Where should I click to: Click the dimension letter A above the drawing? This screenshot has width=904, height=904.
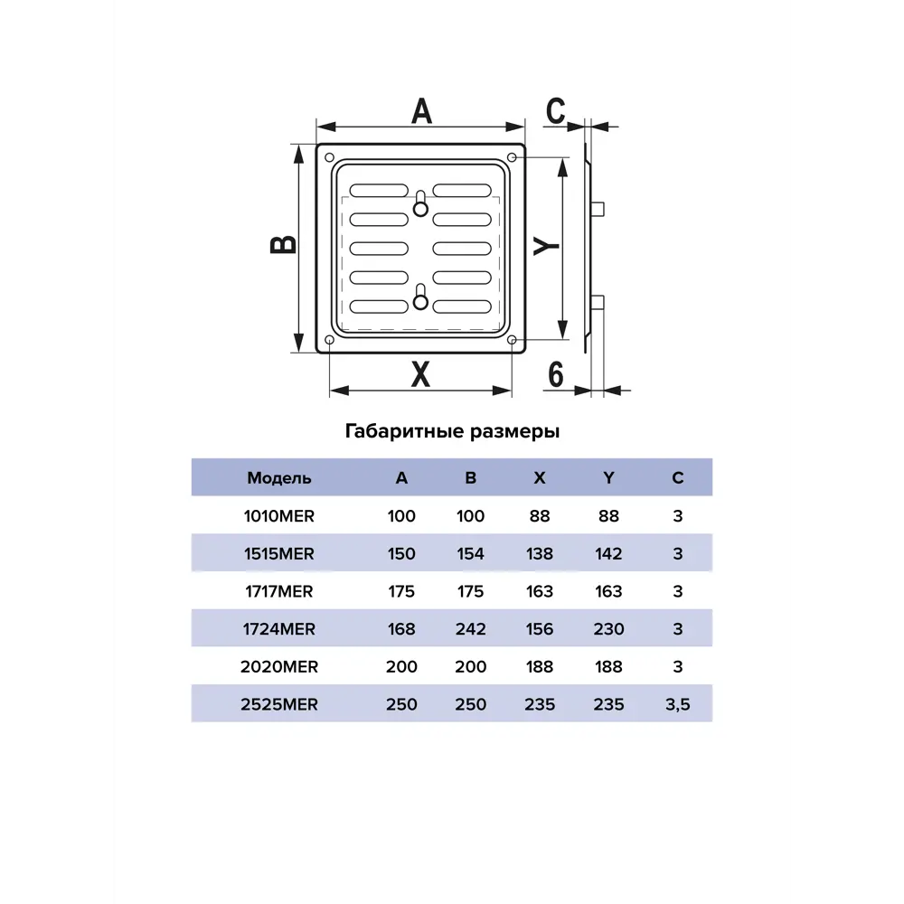(421, 111)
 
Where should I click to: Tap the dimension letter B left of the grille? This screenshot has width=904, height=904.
(283, 245)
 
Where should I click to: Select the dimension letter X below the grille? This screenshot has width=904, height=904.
(420, 374)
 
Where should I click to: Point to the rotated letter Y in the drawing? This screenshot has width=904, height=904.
(546, 246)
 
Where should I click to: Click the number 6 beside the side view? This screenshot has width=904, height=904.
(555, 375)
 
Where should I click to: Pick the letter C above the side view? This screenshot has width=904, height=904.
(556, 111)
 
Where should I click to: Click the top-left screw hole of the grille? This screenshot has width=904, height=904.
(330, 157)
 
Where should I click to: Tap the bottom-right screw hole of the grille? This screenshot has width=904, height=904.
(512, 340)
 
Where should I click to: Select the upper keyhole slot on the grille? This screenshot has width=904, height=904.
(421, 203)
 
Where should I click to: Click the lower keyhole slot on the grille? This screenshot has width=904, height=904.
(421, 297)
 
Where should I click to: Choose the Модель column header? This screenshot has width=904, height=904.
(279, 478)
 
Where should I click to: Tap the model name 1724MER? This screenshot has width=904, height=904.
(279, 629)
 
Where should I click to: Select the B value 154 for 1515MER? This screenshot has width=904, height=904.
(470, 553)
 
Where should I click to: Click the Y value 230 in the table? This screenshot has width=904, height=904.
(608, 629)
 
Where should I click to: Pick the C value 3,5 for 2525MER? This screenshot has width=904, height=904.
(677, 704)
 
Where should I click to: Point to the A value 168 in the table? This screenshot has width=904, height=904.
(401, 629)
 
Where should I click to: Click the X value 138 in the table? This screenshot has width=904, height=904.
(540, 553)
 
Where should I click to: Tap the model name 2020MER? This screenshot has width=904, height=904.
(279, 666)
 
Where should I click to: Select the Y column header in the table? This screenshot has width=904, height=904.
(608, 478)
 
